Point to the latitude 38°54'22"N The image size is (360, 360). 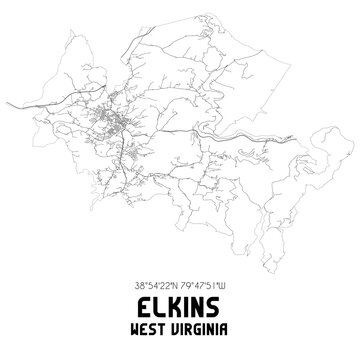155,284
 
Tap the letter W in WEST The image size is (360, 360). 137,329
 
